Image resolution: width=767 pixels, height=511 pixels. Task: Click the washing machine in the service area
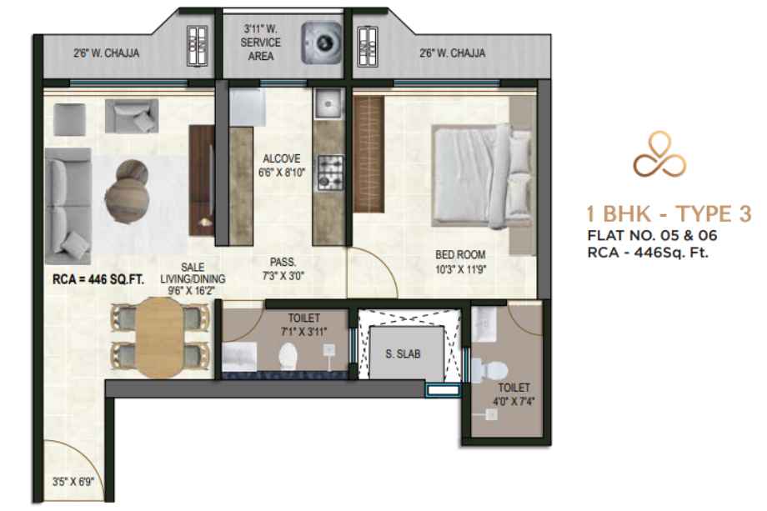(321, 43)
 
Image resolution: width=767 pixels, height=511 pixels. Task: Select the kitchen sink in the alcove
(328, 103)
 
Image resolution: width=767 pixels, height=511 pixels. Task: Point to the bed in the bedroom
(481, 176)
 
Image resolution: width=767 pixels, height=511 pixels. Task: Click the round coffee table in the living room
(126, 192)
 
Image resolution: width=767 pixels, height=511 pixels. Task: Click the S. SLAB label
(403, 353)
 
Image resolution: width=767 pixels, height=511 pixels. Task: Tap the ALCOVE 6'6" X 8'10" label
(282, 165)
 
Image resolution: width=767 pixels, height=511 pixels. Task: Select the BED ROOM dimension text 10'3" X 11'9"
(461, 269)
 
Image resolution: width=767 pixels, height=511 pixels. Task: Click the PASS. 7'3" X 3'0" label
(283, 269)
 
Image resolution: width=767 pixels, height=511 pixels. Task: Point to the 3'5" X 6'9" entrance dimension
(73, 482)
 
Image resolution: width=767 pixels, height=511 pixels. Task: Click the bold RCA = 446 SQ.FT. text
(98, 279)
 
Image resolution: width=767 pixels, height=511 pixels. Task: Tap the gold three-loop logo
(660, 154)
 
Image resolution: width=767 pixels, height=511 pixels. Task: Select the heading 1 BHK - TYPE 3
(669, 214)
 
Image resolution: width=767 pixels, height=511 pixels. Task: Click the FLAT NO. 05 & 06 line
(652, 235)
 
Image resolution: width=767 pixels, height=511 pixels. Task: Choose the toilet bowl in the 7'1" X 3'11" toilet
(288, 357)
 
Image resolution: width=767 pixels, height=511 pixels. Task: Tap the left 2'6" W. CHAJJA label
(107, 53)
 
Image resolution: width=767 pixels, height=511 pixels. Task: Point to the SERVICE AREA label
(260, 49)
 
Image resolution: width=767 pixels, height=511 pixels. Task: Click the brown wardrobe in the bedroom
(368, 154)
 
